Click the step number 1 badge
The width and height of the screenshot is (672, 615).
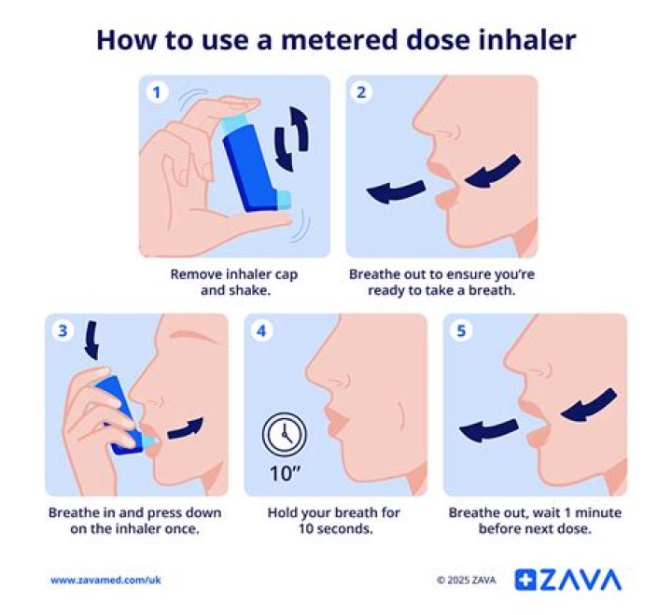tap(157, 92)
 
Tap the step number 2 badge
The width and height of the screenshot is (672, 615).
tap(361, 92)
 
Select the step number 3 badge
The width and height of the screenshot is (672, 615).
tap(62, 330)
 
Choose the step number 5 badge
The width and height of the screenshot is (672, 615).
tap(461, 330)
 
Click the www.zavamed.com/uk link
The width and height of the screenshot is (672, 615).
tap(105, 580)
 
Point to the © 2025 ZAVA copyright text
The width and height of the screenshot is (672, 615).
tap(466, 580)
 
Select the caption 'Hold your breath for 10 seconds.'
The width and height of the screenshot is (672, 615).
tap(333, 521)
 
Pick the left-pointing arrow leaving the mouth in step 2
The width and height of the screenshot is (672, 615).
tap(395, 192)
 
